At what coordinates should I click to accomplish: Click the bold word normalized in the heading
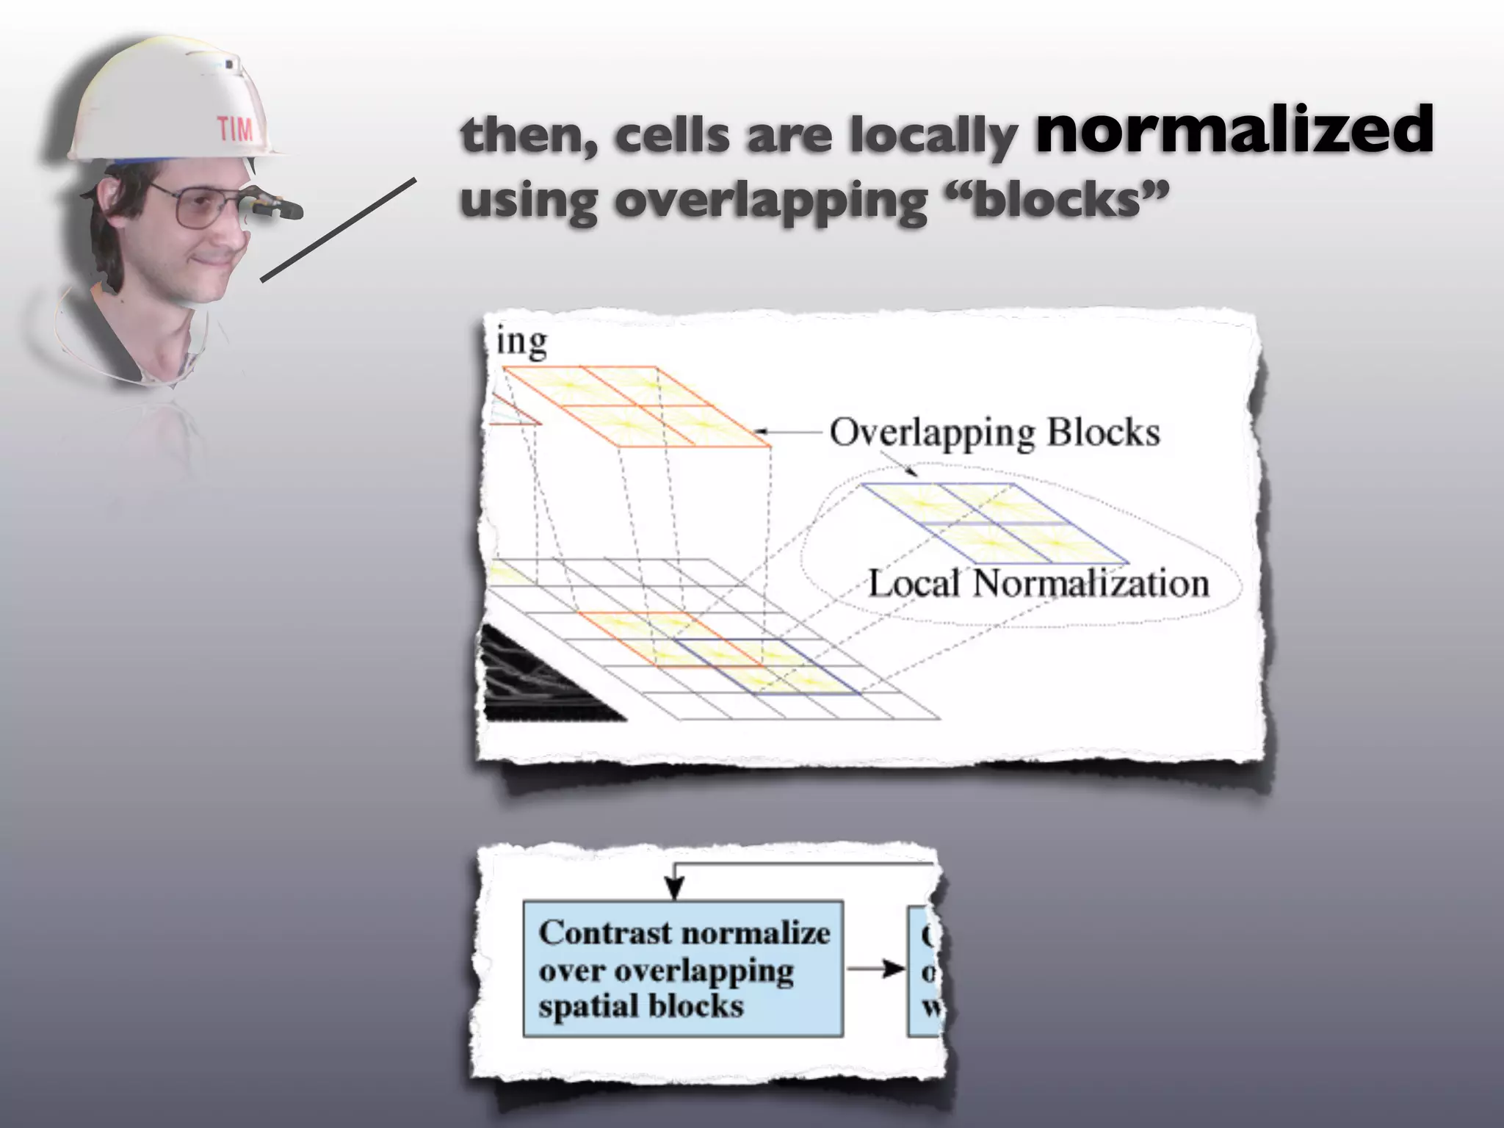1234,131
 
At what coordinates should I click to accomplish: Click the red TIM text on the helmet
235,130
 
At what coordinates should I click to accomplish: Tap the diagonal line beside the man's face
338,229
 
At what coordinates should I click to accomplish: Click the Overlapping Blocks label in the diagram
994,433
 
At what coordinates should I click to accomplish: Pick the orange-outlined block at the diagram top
636,405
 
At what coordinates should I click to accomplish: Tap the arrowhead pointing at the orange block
761,432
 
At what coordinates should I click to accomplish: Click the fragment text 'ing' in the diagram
522,343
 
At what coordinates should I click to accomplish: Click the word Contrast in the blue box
594,933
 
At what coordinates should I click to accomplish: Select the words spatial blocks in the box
640,1005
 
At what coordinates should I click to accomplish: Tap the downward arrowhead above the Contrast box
673,889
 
